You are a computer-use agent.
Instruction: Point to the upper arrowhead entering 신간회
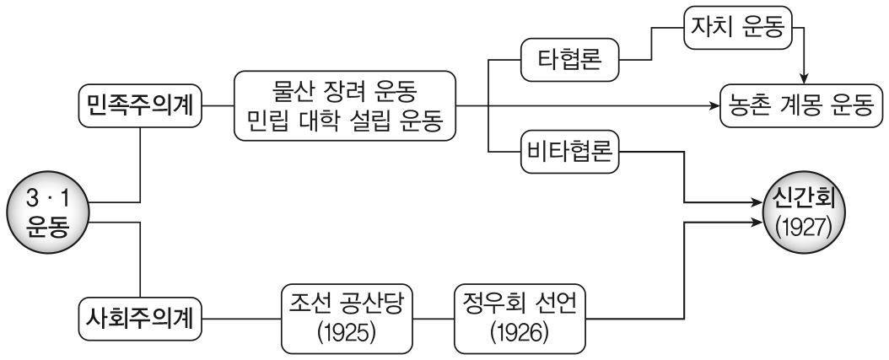point(755,203)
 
